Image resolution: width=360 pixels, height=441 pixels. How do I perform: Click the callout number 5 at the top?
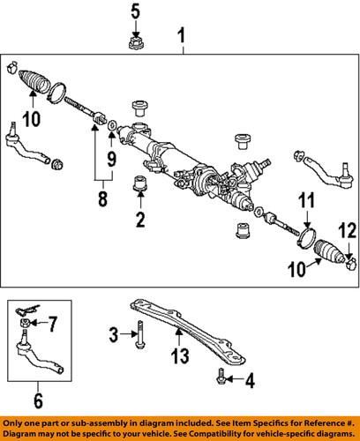pyautogui.click(x=135, y=12)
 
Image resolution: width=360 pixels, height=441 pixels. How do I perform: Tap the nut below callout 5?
pyautogui.click(x=135, y=44)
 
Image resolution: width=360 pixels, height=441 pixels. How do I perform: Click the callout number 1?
pyautogui.click(x=182, y=36)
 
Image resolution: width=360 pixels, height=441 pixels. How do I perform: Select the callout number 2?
pyautogui.click(x=140, y=219)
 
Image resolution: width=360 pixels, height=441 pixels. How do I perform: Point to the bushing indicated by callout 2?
pyautogui.click(x=140, y=183)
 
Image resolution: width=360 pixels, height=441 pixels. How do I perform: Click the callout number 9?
pyautogui.click(x=111, y=160)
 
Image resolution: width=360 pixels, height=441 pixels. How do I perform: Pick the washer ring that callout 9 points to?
pyautogui.click(x=112, y=125)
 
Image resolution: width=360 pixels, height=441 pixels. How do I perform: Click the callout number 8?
pyautogui.click(x=102, y=198)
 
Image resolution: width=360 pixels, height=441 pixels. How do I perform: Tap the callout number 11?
pyautogui.click(x=307, y=200)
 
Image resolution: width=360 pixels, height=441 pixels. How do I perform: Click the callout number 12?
pyautogui.click(x=348, y=230)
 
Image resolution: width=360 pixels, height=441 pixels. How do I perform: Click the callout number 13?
pyautogui.click(x=180, y=355)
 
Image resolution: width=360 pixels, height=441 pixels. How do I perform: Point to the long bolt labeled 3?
pyautogui.click(x=139, y=335)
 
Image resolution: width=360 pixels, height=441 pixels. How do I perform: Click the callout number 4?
pyautogui.click(x=250, y=381)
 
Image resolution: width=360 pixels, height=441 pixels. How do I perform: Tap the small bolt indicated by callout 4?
pyautogui.click(x=221, y=377)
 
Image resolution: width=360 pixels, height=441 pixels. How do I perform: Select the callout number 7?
pyautogui.click(x=52, y=324)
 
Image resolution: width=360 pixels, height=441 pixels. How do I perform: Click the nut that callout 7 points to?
pyautogui.click(x=25, y=323)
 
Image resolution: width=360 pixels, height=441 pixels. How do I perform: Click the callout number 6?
pyautogui.click(x=38, y=400)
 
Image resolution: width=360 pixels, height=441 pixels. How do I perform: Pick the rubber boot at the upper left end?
pyautogui.click(x=34, y=80)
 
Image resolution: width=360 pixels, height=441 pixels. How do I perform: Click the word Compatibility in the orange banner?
pyautogui.click(x=266, y=434)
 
